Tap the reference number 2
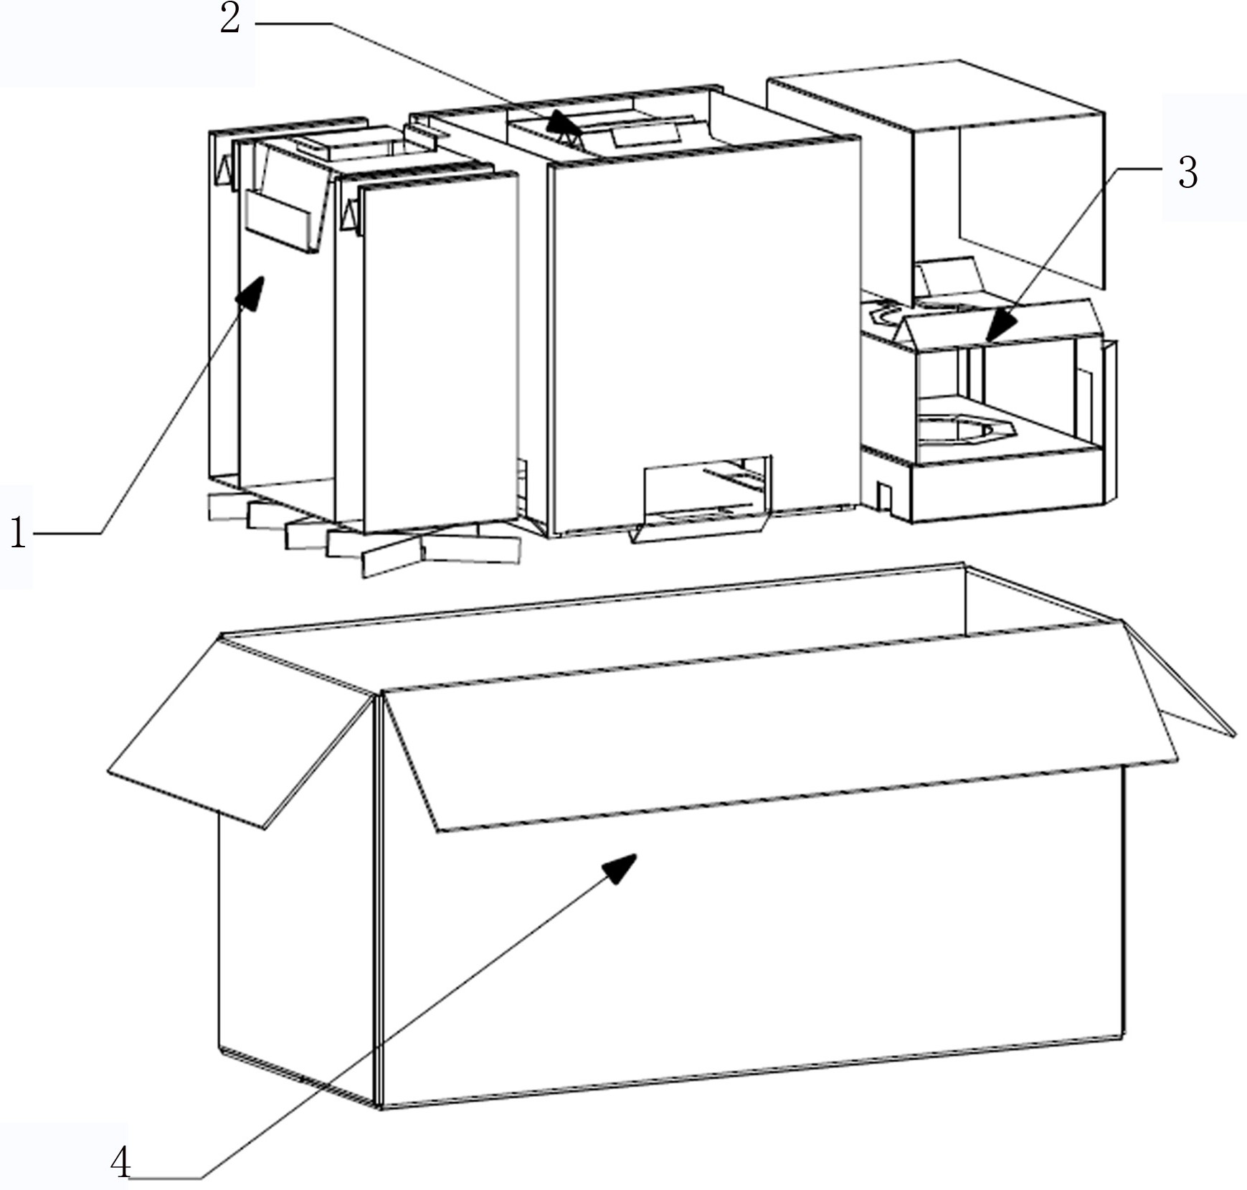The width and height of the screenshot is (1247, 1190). [x=230, y=19]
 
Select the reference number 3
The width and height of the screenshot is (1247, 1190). [x=1188, y=173]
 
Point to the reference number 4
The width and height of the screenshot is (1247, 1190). [x=120, y=1163]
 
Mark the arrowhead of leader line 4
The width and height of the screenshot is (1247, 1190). [x=619, y=869]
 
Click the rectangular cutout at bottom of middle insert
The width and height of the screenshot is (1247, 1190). [x=707, y=489]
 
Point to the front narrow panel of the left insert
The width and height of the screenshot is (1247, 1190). [x=440, y=352]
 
